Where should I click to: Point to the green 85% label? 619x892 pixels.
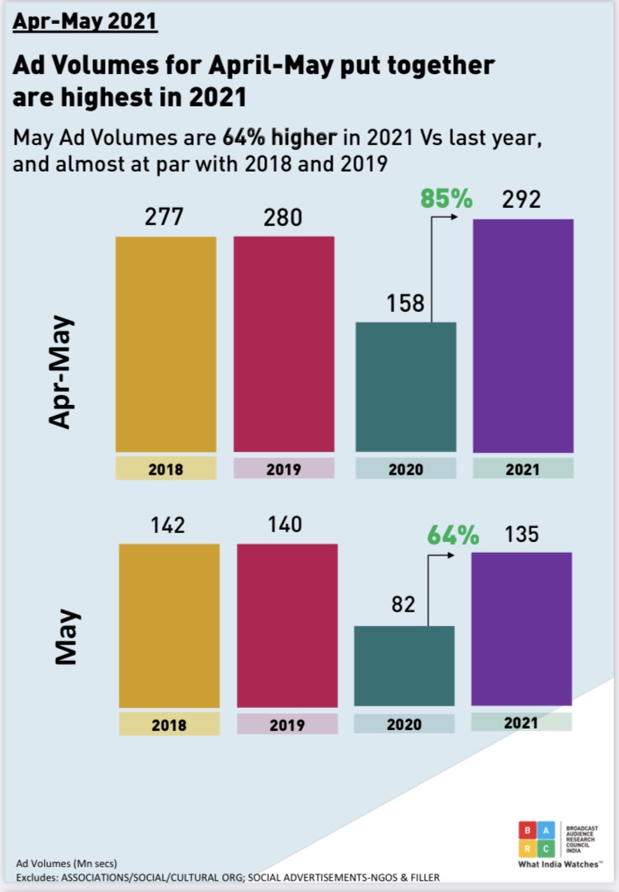446,199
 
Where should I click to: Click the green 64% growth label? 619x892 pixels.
452,536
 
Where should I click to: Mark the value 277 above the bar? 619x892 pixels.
165,218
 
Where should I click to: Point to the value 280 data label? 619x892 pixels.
283,218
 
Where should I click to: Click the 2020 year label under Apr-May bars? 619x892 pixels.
405,469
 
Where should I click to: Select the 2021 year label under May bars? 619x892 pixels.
522,722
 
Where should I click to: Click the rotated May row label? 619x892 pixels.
65,636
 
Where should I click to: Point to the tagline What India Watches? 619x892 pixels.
560,865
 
